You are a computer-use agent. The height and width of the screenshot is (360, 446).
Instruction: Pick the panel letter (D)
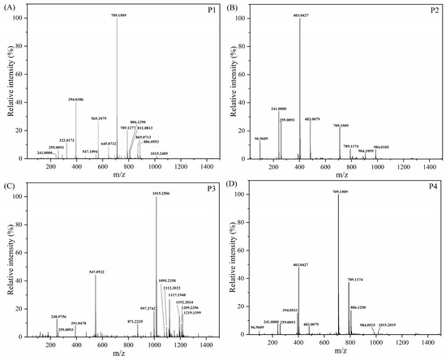click(x=234, y=185)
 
